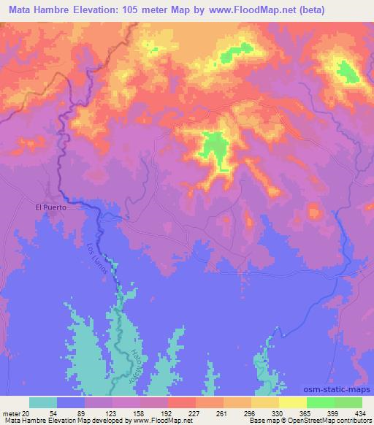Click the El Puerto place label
(51, 207)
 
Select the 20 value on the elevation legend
(26, 413)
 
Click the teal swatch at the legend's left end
(43, 402)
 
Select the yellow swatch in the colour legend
(292, 402)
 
